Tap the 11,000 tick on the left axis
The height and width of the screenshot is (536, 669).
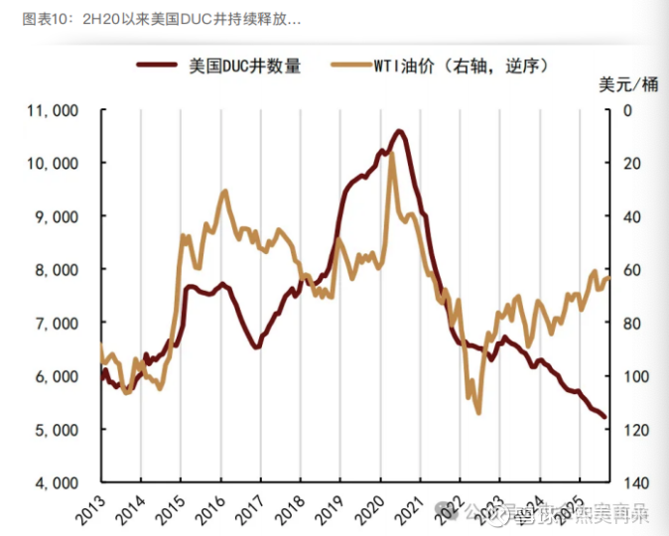click(51, 110)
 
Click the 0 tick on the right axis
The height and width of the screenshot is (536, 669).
click(624, 110)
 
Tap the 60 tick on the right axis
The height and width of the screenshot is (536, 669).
click(628, 270)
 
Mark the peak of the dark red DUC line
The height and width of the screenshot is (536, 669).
click(399, 130)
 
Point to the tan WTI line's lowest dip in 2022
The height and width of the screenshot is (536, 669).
click(478, 412)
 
